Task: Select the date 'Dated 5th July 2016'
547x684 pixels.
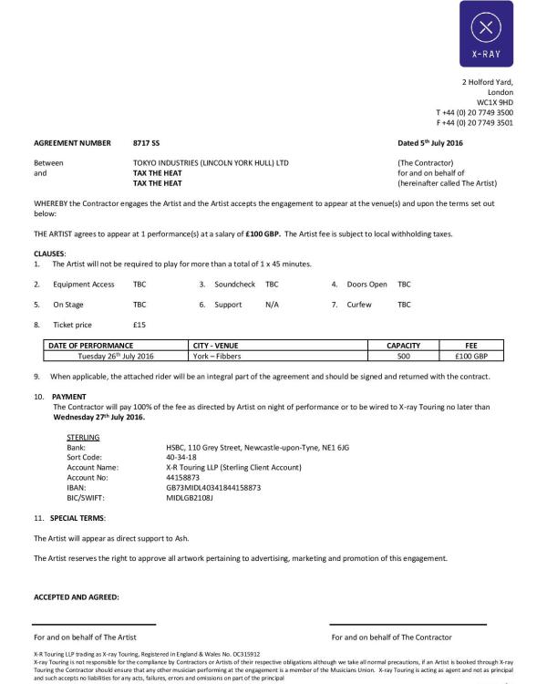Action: [x=430, y=143]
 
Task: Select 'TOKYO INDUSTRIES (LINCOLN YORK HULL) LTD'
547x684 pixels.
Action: [x=211, y=162]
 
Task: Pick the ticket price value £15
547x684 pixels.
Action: [x=139, y=325]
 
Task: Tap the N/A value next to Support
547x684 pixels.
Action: [x=272, y=305]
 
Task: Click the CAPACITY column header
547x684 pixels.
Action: [x=403, y=346]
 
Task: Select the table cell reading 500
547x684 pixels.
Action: [x=403, y=356]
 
